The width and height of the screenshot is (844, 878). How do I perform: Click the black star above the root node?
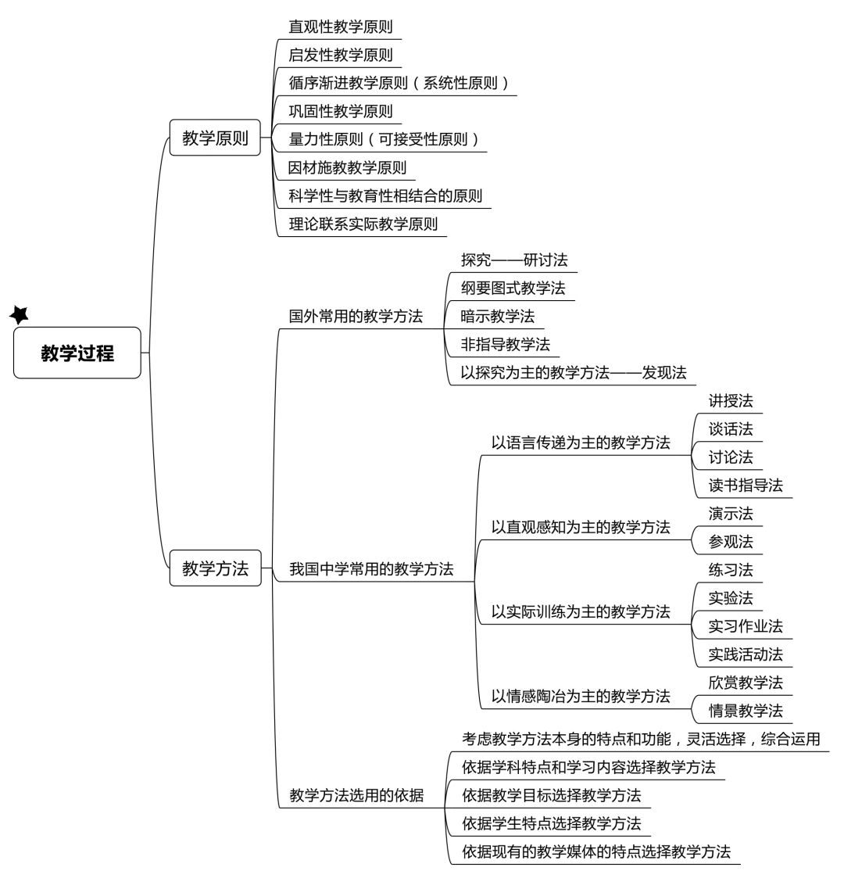pos(20,315)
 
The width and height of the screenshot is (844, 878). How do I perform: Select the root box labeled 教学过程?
pos(77,353)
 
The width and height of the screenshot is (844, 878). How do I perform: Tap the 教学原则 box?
pos(215,138)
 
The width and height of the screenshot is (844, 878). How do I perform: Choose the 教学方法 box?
pos(216,568)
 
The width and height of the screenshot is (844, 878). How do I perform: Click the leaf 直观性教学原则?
pos(340,27)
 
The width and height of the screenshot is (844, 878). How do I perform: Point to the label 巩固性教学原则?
pos(340,111)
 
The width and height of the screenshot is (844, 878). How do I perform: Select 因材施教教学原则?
pos(347,167)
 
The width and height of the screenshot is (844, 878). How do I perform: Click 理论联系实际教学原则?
pos(363,224)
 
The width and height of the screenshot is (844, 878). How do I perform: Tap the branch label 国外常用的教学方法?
pos(356,317)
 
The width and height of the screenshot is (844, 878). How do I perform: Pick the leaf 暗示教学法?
pos(498,317)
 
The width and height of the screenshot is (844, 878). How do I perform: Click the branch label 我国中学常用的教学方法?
pos(371,569)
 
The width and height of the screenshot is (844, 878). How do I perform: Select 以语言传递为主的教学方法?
pos(581,443)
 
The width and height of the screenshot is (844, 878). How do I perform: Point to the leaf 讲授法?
pos(731,401)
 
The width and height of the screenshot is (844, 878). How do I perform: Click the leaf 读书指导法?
pos(746,486)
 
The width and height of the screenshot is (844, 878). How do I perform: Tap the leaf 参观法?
pos(731,542)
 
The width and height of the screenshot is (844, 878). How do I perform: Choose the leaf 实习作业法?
pos(746,626)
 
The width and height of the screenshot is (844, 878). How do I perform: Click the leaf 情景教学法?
pos(746,711)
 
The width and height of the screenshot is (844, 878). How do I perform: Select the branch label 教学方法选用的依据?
pos(356,795)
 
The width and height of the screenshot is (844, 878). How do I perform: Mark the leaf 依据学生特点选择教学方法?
pos(551,823)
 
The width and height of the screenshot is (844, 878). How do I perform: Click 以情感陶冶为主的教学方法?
pos(581,696)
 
